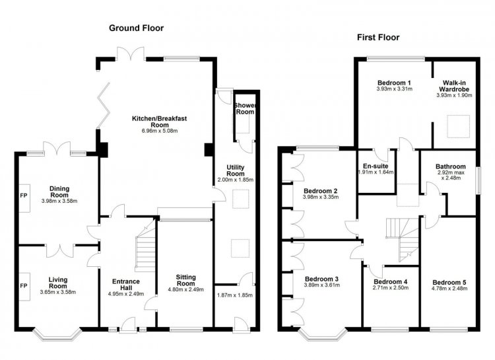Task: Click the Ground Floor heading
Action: (x=137, y=28)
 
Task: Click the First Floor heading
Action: (x=378, y=37)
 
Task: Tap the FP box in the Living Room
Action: (x=24, y=287)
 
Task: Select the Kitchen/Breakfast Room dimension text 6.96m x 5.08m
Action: (x=160, y=131)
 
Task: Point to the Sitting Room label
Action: (x=185, y=280)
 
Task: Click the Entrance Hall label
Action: (x=126, y=285)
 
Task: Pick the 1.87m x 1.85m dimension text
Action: (x=235, y=295)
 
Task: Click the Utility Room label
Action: (x=236, y=170)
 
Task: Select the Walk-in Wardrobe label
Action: (x=454, y=86)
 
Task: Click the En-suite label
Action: (x=376, y=166)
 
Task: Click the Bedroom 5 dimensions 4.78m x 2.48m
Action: (x=449, y=288)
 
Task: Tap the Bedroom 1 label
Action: (x=394, y=83)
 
